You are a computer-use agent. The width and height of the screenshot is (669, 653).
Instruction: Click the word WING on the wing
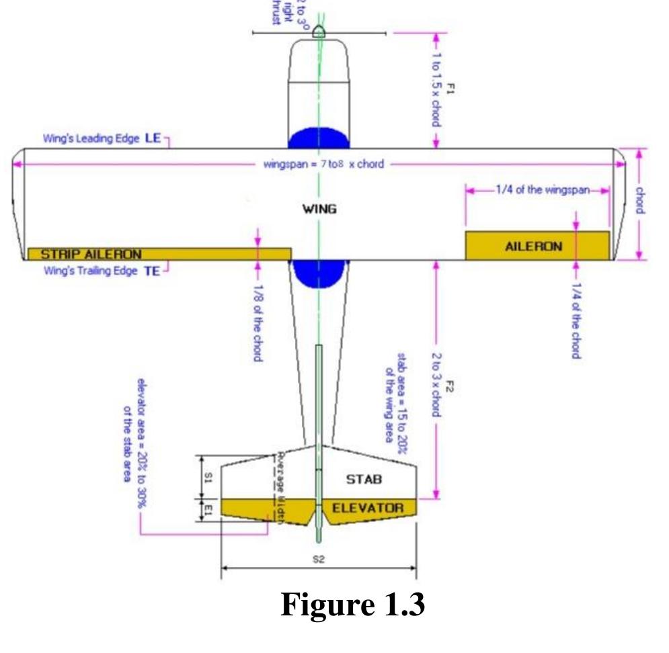[x=319, y=208]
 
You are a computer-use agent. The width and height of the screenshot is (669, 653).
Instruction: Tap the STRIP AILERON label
[x=91, y=254]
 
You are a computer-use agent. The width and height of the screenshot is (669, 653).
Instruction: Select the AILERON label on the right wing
[x=533, y=247]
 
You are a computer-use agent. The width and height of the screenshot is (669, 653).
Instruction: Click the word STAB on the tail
[x=364, y=479]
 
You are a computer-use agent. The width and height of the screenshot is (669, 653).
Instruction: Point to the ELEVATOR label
[x=368, y=507]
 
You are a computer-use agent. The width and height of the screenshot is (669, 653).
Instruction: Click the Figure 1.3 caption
[x=352, y=604]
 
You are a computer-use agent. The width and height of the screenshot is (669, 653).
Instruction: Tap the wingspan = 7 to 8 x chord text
[x=323, y=164]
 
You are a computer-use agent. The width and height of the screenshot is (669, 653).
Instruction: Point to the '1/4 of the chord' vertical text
[x=576, y=320]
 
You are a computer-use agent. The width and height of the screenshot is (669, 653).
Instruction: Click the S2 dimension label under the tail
[x=319, y=559]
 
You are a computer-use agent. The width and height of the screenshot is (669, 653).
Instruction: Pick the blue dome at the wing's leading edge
[x=319, y=138]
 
